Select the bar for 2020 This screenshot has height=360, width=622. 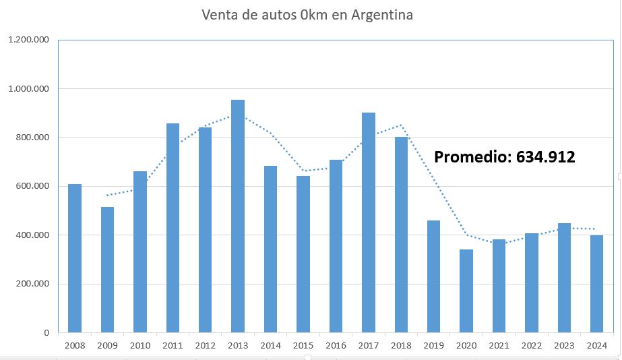click(466, 291)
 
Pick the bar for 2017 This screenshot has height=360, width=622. click(369, 222)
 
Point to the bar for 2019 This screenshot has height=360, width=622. click(434, 276)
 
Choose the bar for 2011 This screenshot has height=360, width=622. click(173, 228)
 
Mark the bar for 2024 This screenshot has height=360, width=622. click(596, 284)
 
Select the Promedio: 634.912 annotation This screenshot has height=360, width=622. click(504, 158)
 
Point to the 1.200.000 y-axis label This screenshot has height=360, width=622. click(28, 40)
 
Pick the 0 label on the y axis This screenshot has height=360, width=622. click(46, 332)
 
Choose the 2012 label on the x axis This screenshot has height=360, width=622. click(205, 346)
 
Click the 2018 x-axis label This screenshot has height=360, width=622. click(401, 346)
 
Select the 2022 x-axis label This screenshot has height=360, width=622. click(532, 346)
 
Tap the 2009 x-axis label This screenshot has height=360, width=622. click(107, 346)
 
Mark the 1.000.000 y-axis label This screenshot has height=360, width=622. click(28, 88)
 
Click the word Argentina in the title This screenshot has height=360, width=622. click(381, 15)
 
